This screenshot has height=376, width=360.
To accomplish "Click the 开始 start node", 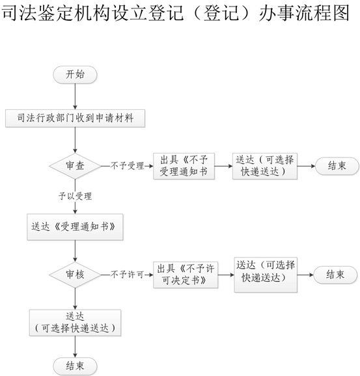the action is pos(75,75).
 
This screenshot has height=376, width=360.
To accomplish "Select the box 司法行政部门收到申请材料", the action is pos(75,118).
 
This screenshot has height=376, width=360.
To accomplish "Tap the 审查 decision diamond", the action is pos(75,166).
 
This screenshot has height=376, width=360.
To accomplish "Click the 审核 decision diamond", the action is pos(75,275).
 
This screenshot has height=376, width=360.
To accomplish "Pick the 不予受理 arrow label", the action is pos(127,166).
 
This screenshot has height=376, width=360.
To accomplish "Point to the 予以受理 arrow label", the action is pos(75,196).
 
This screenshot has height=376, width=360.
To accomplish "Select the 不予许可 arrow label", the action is pos(127,275).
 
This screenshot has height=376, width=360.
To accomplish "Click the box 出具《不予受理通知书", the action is pos(184,166).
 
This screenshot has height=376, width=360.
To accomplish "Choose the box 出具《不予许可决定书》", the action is pos(186,275).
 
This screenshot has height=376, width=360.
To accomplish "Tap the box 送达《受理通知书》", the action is pos(75,227).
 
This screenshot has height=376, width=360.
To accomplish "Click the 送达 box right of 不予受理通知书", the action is pos(265,166).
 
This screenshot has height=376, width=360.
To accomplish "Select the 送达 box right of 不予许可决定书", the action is pos(266,275).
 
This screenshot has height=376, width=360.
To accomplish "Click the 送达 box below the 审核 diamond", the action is pos(75,323).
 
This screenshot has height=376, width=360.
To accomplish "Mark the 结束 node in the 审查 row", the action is pos(337,166).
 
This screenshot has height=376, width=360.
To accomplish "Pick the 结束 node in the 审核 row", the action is pos(335,275).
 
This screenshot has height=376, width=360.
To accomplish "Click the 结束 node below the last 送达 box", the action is pos(75,366).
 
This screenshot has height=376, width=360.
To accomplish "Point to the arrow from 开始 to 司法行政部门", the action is pos(75,97).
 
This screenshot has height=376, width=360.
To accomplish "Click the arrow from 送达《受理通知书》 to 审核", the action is pos(75,251).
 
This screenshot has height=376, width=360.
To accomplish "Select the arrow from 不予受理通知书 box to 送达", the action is pos(223,166).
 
